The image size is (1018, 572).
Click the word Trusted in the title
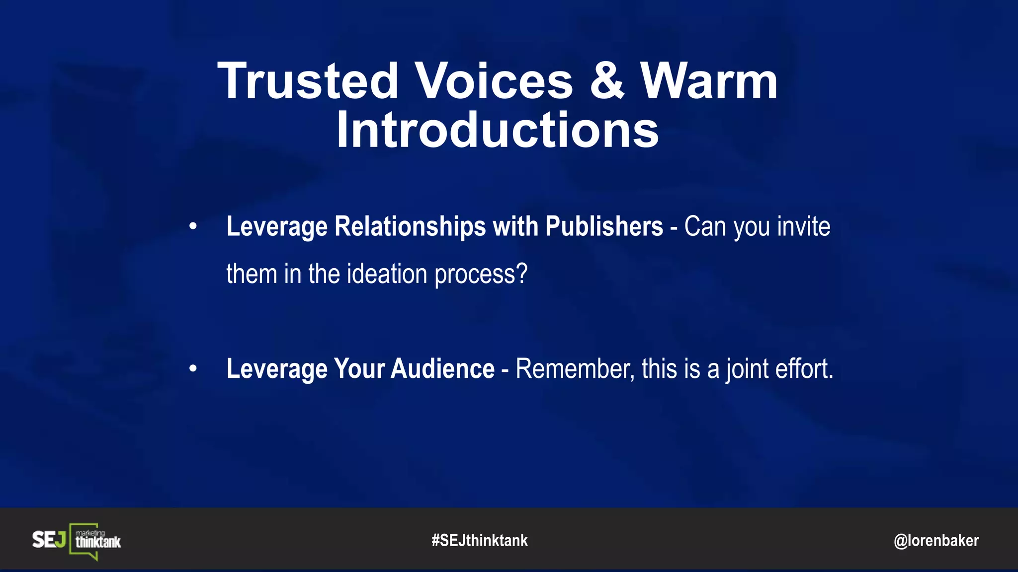coord(308,81)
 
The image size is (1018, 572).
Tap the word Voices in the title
coord(494,81)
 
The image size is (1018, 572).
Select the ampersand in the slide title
coord(607,81)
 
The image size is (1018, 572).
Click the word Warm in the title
coord(709,81)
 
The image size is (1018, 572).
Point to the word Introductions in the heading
coord(498,130)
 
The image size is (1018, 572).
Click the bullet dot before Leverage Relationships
coord(193,227)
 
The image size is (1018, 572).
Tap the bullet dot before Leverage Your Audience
coord(193,369)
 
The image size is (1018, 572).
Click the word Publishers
coord(604,227)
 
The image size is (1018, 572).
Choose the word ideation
coord(387,274)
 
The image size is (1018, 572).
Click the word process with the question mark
coord(481,275)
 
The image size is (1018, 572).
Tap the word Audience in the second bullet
coord(442,369)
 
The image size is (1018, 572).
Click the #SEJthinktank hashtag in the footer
coord(480,540)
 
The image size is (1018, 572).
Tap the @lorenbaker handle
coord(936,540)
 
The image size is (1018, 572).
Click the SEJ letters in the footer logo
coord(49,540)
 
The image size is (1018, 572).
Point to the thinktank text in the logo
coord(98,542)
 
